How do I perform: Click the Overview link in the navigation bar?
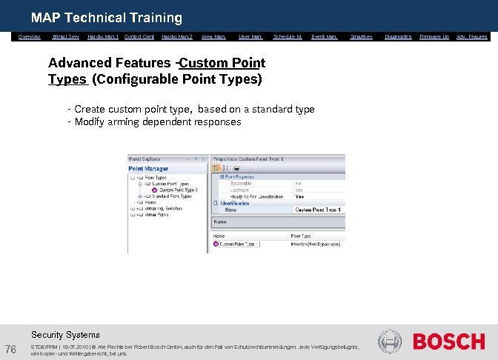click(30, 36)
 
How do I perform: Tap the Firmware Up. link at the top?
click(434, 36)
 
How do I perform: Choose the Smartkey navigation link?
click(361, 36)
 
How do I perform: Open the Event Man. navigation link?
click(325, 36)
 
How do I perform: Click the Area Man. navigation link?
click(213, 36)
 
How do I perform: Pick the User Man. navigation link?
click(250, 36)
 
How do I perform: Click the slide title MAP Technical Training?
click(106, 18)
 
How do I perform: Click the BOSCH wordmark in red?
click(448, 342)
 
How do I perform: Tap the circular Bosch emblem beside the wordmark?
click(390, 341)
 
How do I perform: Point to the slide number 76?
click(11, 350)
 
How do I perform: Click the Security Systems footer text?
click(65, 335)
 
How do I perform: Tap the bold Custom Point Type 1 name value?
click(318, 210)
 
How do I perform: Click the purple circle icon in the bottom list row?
click(216, 243)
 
